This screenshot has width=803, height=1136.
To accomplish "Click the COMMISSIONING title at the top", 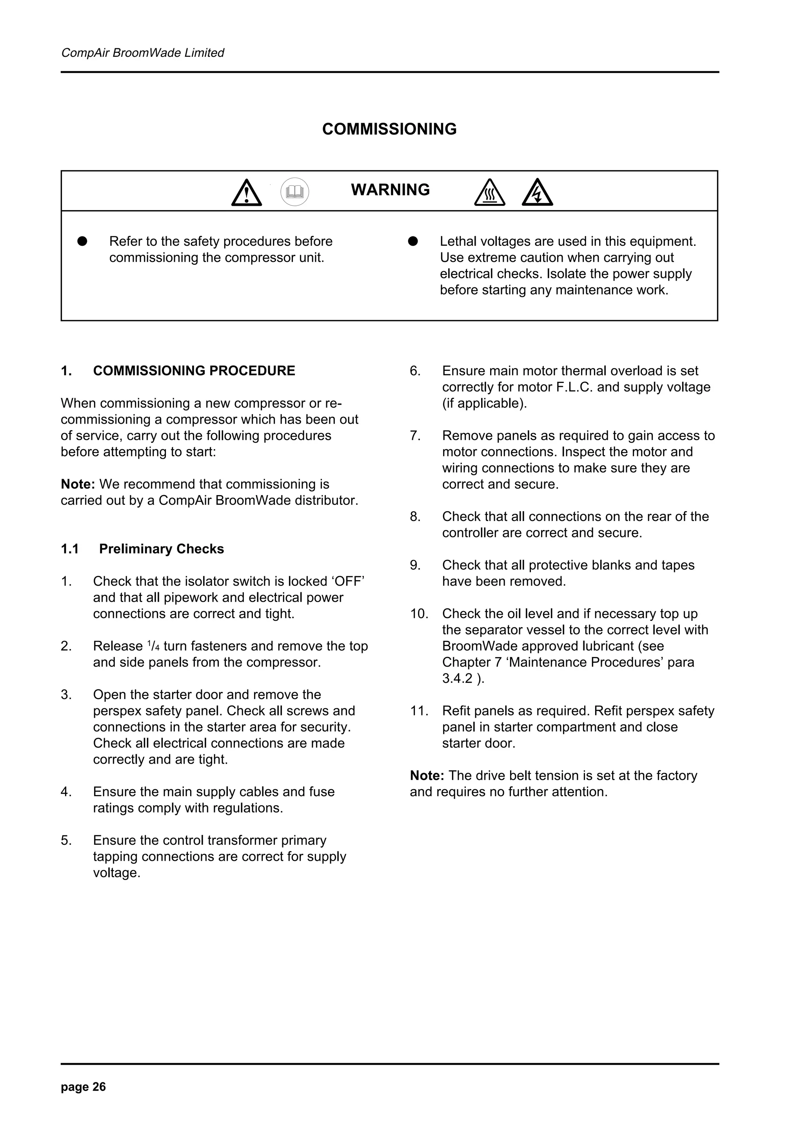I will (389, 129).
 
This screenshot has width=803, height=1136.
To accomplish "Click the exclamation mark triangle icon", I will (246, 193).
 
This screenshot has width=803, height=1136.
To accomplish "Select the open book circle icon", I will (295, 192).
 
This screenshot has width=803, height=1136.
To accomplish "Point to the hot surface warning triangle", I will (489, 193).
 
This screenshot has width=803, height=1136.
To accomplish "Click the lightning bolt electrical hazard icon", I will (537, 193).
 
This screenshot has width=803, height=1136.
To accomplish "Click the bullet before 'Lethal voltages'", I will (413, 241).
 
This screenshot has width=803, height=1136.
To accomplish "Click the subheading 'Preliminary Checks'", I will (161, 549).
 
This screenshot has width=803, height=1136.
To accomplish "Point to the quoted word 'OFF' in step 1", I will (349, 581).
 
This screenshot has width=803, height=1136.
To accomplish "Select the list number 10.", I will (419, 613).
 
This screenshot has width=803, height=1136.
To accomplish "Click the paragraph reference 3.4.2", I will (457, 678).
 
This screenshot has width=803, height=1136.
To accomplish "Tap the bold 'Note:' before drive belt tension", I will (427, 775).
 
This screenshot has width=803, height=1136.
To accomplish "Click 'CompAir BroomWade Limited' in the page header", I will (142, 53).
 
